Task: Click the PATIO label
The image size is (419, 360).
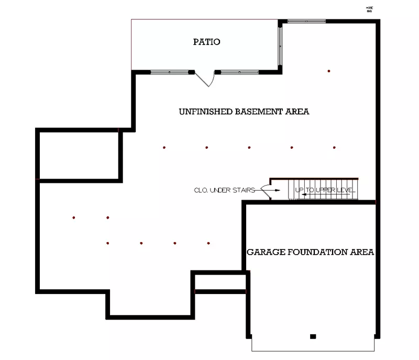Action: pos(206,42)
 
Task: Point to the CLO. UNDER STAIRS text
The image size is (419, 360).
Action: pos(224,190)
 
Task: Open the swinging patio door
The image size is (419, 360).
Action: pos(205,80)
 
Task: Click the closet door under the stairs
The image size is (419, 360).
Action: pos(267,191)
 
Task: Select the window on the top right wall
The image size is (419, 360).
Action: pos(306,21)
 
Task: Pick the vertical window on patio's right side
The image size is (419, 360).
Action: pos(280,45)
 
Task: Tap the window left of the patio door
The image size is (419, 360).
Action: pos(169,71)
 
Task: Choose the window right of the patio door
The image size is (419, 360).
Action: pos(239,71)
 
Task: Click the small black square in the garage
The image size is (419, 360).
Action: pos(313,336)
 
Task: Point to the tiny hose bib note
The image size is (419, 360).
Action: pos(369,8)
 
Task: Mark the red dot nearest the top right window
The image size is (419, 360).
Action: pos(329,71)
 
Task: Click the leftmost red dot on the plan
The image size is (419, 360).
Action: pos(74,217)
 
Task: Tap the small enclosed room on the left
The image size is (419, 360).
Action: pos(80,155)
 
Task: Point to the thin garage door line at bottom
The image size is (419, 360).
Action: pos(313,351)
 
